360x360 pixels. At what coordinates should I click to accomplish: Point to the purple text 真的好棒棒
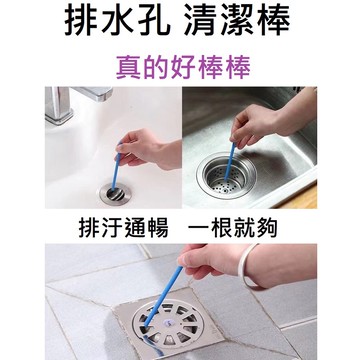point(180,67)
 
